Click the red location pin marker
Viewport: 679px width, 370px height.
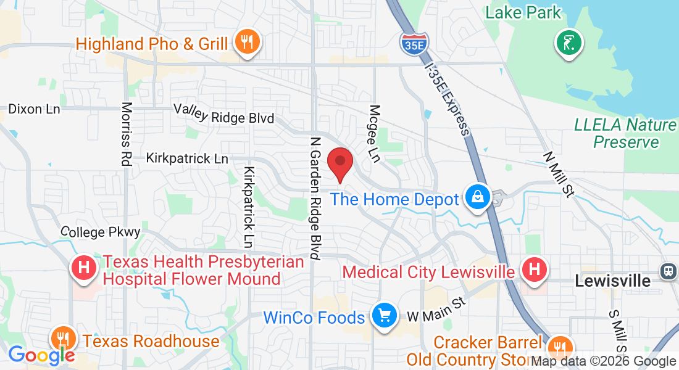(x=339, y=163)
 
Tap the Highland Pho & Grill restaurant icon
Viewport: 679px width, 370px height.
(x=248, y=43)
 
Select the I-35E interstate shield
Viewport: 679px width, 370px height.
(x=412, y=41)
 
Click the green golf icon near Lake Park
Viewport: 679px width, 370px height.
(x=569, y=43)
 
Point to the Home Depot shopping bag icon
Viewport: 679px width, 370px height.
(x=478, y=198)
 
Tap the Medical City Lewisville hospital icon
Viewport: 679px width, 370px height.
(x=534, y=270)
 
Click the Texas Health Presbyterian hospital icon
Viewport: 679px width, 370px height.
(x=85, y=269)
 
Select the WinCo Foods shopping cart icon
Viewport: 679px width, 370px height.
(x=384, y=317)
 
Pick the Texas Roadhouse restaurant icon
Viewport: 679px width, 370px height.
(x=64, y=339)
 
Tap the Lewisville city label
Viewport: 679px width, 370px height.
(x=612, y=281)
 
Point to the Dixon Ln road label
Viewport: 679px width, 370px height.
(x=34, y=109)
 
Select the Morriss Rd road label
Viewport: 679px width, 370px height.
(x=127, y=134)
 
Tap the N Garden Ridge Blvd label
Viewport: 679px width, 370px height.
(x=315, y=197)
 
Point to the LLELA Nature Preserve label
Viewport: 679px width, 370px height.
(x=625, y=133)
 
